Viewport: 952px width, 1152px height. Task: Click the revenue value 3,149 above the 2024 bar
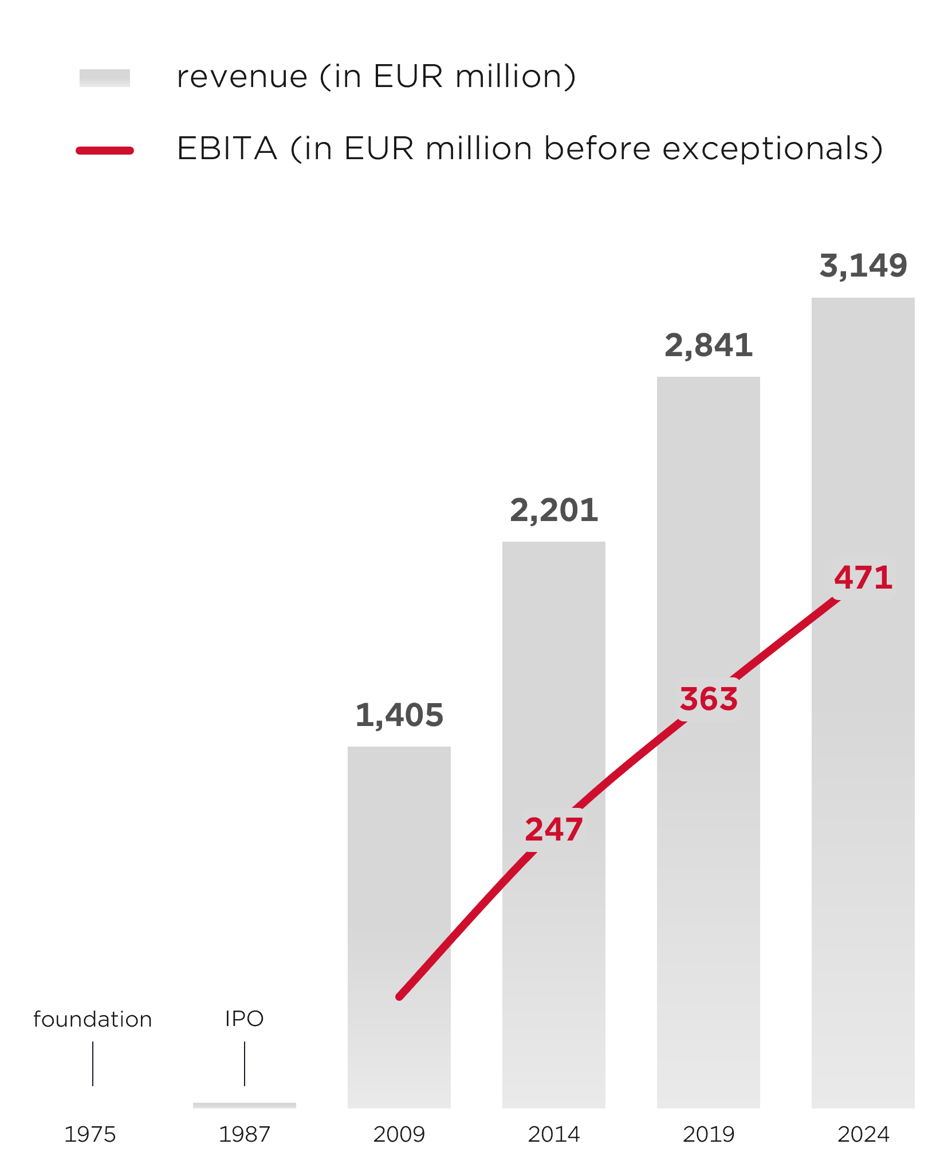pos(863,266)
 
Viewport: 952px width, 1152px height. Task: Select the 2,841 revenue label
pos(708,346)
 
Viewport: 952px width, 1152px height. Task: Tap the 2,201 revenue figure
pos(553,510)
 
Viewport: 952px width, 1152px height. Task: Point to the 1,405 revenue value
pos(399,715)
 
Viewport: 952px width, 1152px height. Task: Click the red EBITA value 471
pos(863,577)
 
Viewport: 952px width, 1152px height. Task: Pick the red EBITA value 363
pos(709,699)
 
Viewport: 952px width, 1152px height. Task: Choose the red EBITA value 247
pos(553,829)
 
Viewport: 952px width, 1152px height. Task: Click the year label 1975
pos(90,1134)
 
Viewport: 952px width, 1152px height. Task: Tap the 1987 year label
pos(245,1134)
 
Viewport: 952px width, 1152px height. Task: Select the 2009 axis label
pos(399,1134)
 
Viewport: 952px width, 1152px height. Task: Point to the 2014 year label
pos(554,1134)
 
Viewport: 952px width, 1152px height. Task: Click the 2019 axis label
pos(709,1134)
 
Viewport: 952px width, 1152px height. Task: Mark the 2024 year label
pos(863,1134)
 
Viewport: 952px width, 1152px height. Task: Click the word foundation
pos(93,1019)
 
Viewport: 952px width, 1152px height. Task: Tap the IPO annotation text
pos(245,1019)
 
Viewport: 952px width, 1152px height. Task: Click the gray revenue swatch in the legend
pos(105,78)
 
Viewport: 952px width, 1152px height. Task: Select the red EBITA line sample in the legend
pos(105,151)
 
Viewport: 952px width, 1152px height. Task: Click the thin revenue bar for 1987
pos(245,1105)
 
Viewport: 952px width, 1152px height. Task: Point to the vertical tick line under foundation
pos(93,1063)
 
